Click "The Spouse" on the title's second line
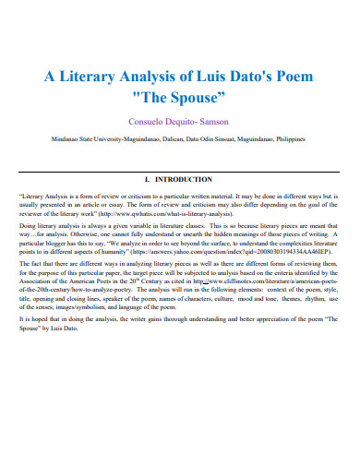point(180,96)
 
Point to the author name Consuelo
point(153,120)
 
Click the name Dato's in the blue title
point(251,78)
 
